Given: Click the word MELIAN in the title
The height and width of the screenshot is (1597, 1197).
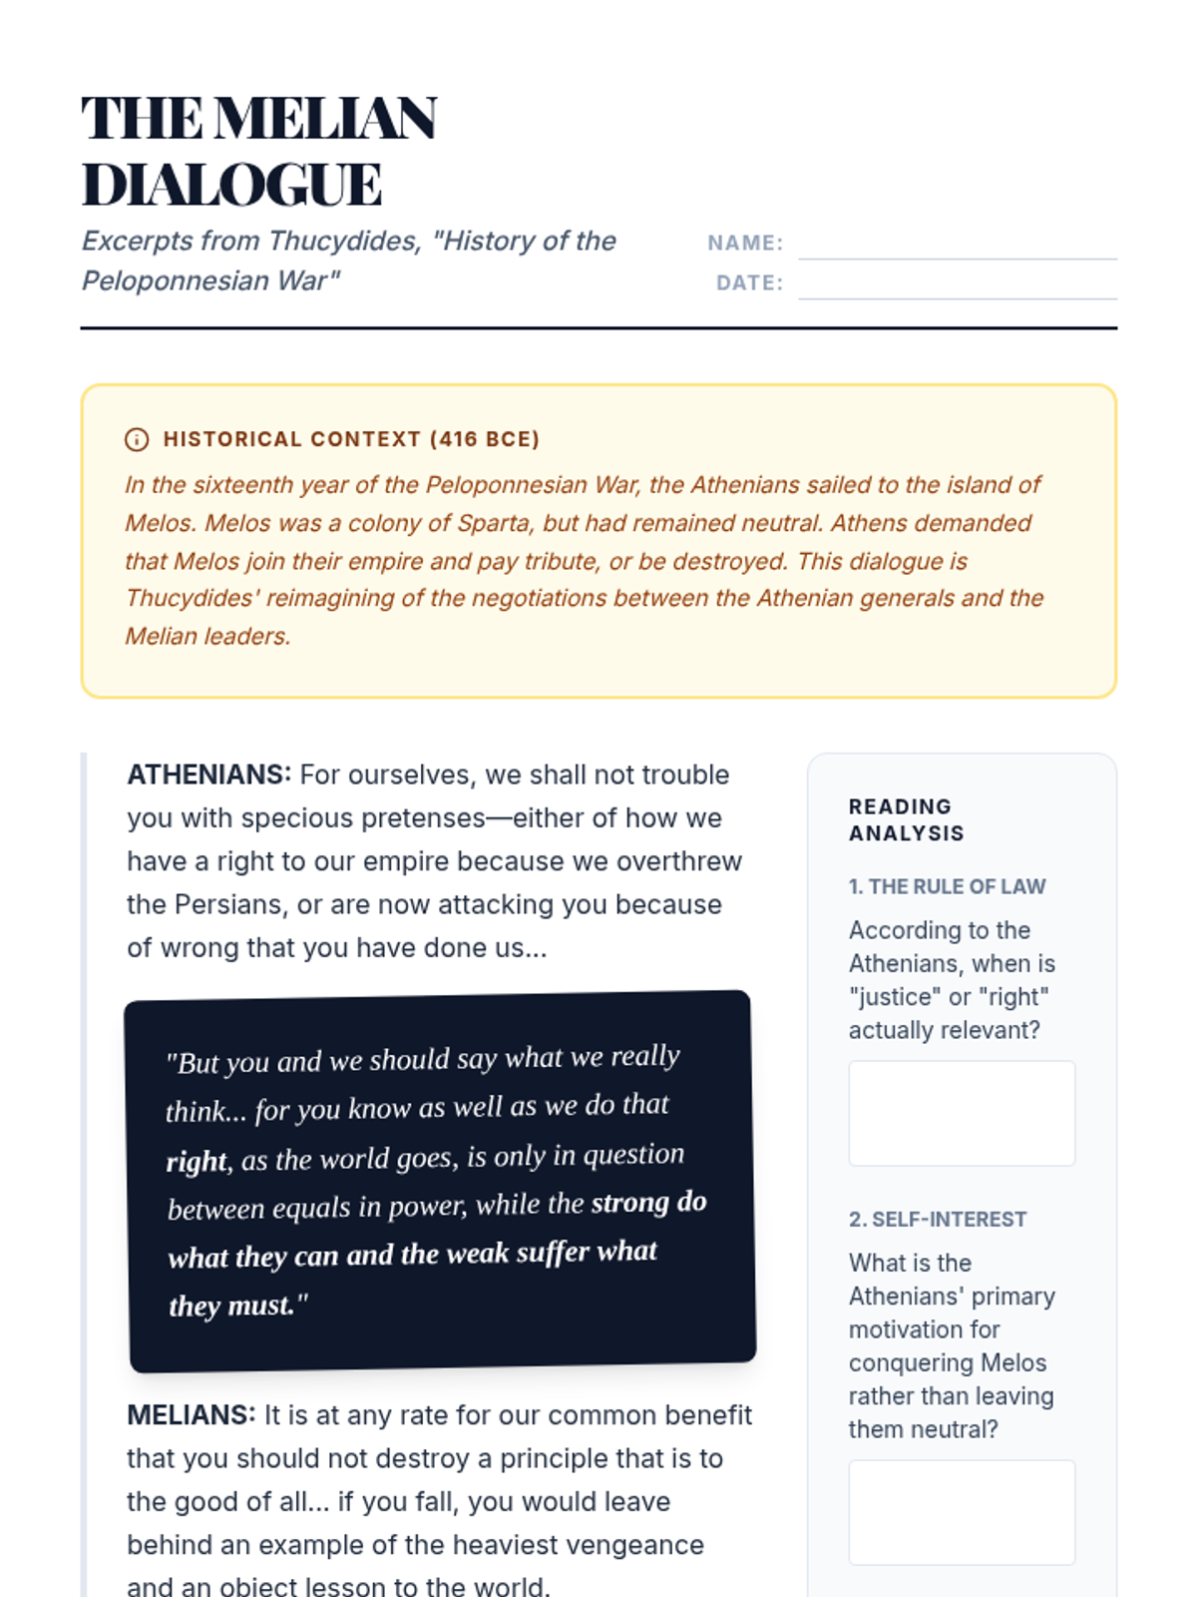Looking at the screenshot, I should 325,119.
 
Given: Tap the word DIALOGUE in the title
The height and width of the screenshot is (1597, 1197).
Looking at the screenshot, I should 231,186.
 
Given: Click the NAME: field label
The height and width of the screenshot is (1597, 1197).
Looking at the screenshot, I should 745,243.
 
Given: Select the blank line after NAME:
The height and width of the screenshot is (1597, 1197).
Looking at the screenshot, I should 958,245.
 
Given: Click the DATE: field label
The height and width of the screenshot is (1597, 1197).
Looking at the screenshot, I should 749,282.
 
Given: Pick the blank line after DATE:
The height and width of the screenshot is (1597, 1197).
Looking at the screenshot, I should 958,284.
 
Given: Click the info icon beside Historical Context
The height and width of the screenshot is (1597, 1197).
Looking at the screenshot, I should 137,439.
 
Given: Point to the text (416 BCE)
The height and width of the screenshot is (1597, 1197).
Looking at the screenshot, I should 485,439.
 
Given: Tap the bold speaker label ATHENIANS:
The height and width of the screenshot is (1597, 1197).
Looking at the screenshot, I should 208,775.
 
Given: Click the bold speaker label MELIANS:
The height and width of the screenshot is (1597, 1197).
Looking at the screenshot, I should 191,1415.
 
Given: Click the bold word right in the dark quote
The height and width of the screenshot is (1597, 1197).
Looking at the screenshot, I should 198,1162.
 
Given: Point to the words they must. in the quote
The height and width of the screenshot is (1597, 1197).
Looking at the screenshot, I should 238,1306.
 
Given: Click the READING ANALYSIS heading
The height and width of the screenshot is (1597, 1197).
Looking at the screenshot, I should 906,819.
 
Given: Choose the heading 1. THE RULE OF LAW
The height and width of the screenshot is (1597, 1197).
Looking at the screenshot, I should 947,886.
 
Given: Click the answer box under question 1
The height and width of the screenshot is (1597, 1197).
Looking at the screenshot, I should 962,1113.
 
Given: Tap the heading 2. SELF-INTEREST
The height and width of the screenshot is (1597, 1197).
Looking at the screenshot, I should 937,1219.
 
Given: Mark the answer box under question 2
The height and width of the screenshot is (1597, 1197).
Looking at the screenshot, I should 962,1512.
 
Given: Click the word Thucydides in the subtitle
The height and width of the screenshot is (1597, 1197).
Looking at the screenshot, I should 344,241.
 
